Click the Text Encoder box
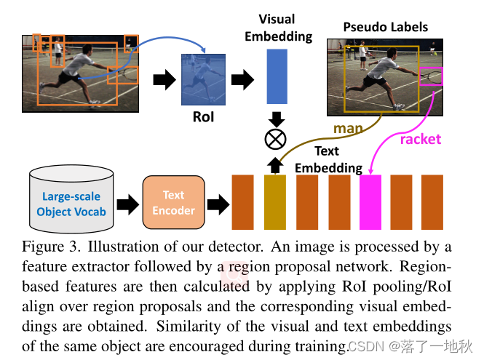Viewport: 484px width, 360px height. tap(173, 203)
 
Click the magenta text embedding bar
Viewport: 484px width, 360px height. tap(370, 202)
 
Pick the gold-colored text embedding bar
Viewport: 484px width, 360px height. tap(275, 202)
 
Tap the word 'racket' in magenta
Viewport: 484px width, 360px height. tap(421, 140)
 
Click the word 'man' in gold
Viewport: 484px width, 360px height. tap(348, 129)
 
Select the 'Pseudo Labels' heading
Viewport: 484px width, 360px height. tap(385, 28)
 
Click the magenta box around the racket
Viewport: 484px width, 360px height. tap(431, 75)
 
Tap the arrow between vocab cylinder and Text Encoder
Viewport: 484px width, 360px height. tap(127, 203)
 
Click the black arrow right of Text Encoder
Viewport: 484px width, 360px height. tap(215, 203)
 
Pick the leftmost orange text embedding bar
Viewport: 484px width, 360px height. tap(242, 202)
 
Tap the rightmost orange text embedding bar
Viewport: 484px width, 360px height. tap(432, 202)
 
